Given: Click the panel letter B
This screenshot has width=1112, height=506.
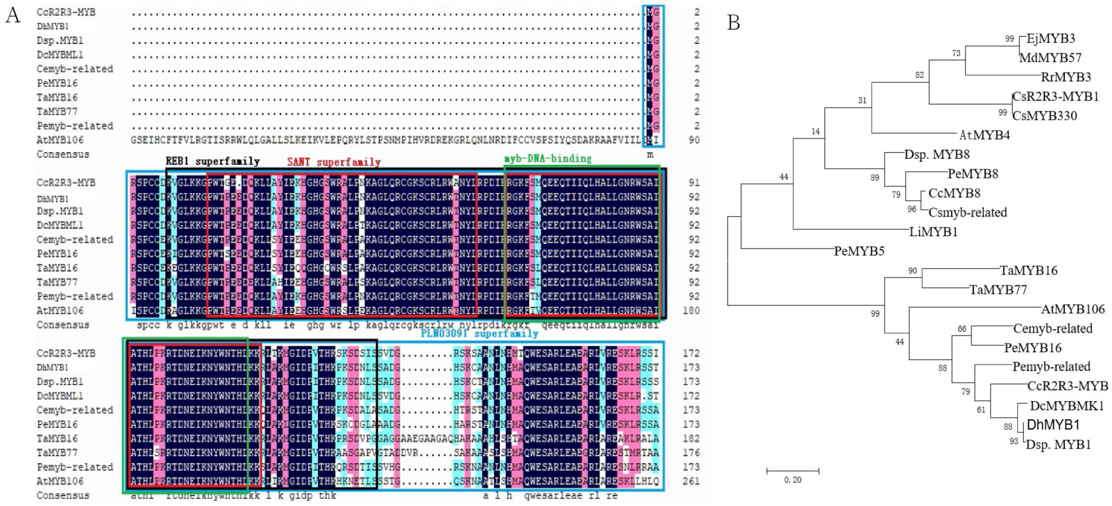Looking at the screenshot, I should [x=733, y=22].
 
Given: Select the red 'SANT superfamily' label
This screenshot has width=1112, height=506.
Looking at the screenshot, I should [x=334, y=162].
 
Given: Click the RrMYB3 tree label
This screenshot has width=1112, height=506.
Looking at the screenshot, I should [x=1066, y=77].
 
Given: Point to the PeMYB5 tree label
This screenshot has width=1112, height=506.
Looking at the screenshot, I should [x=859, y=251].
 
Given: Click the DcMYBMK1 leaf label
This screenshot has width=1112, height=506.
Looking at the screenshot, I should [x=1066, y=406].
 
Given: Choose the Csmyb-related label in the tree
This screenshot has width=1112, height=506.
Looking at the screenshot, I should [x=967, y=213].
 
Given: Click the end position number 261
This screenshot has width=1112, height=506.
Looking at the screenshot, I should [x=691, y=481].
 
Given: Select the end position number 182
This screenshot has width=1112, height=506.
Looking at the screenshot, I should [x=691, y=438].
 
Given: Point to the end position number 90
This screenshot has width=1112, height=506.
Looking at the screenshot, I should [x=694, y=140].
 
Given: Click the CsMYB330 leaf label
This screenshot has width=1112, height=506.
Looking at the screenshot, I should [x=1044, y=116].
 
